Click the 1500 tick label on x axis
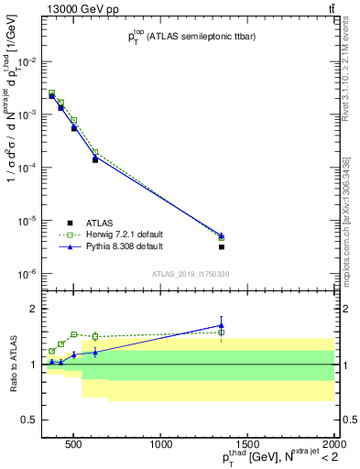247,446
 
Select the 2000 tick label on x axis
333,446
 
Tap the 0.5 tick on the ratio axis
27,420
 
